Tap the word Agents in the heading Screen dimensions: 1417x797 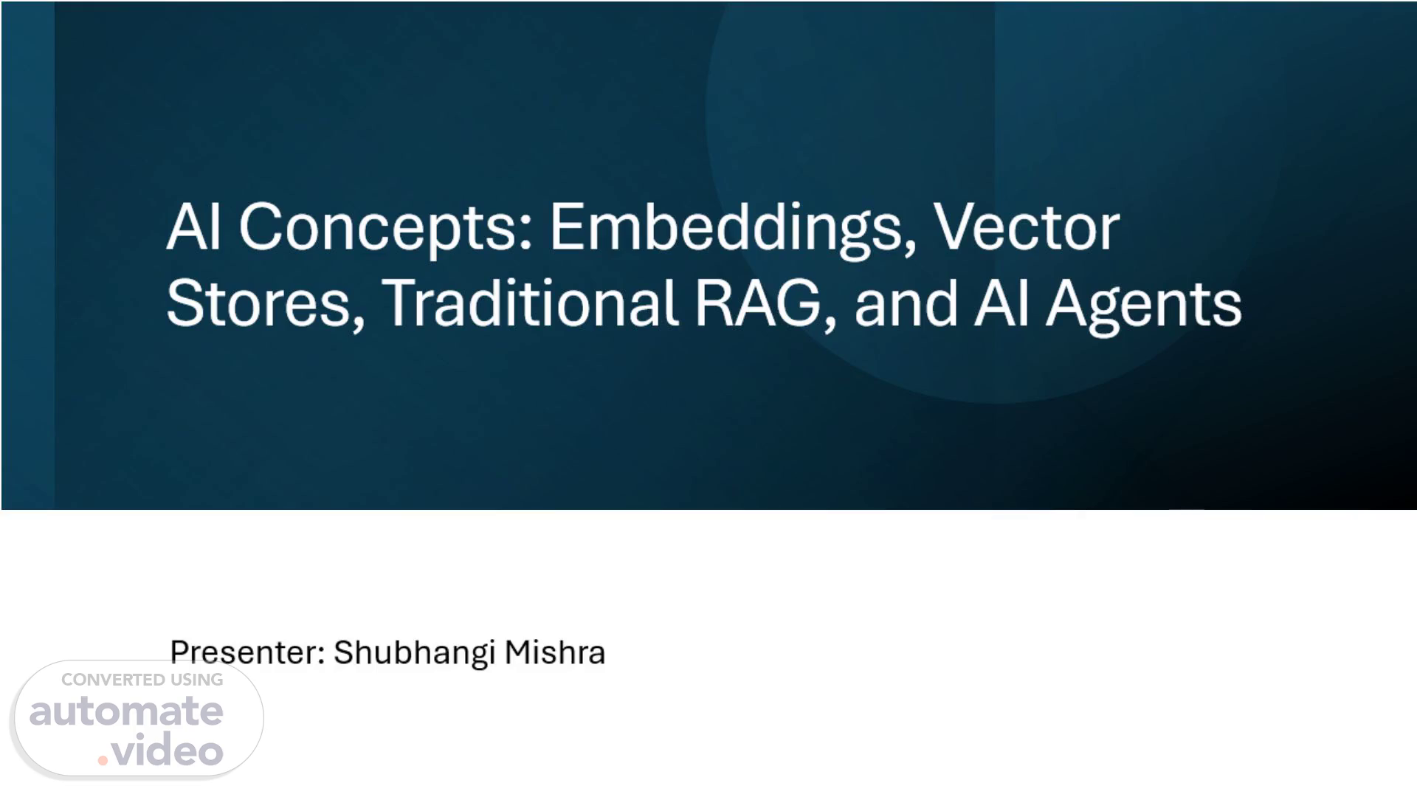[1143, 306]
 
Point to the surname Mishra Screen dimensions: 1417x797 [555, 652]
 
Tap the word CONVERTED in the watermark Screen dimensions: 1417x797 [113, 680]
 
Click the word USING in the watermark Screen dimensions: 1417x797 [197, 680]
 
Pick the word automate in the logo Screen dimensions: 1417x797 [126, 711]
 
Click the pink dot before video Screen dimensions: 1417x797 [103, 759]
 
